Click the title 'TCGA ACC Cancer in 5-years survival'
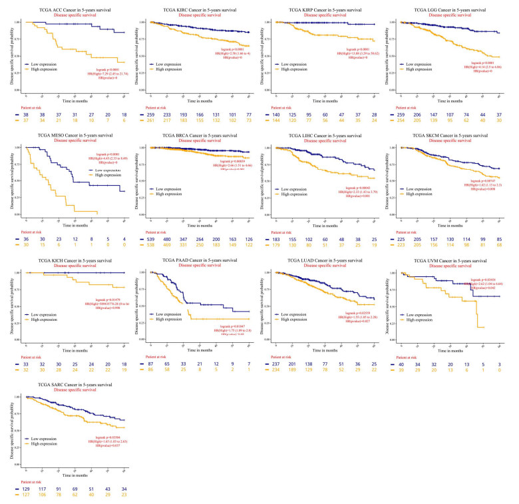point(66,12)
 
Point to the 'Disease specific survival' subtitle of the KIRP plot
point(321,18)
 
